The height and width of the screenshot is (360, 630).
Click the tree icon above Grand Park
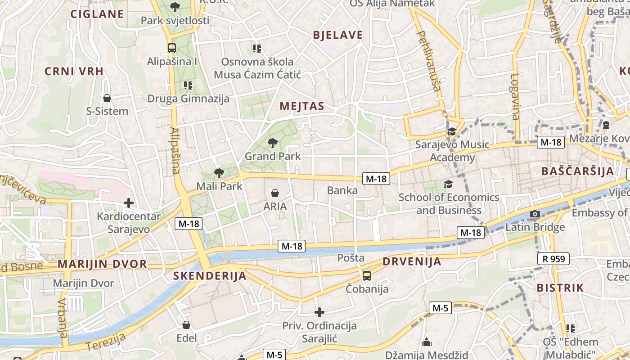272,143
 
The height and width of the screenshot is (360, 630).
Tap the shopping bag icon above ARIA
275,193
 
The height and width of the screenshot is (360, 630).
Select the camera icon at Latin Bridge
535,214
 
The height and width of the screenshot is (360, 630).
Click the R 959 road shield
553,259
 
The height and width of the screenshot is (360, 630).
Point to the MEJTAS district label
302,106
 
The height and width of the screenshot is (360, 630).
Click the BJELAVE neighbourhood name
337,35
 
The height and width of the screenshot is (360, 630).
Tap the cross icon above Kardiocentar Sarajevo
129,203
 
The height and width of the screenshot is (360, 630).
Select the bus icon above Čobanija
367,275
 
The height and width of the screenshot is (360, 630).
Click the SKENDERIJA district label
210,276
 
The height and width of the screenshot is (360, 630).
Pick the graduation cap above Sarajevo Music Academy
451,131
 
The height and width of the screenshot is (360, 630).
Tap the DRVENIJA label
412,261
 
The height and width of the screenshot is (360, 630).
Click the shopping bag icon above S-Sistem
107,98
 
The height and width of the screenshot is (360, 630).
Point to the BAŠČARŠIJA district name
578,171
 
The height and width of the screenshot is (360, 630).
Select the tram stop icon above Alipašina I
171,48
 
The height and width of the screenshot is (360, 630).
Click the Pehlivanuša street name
429,61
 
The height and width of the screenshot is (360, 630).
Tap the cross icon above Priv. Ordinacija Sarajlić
319,312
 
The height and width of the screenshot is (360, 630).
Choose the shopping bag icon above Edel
186,325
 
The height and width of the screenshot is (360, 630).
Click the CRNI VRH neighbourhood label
74,71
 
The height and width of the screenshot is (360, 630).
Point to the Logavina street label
515,96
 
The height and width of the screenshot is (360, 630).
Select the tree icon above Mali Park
219,173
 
